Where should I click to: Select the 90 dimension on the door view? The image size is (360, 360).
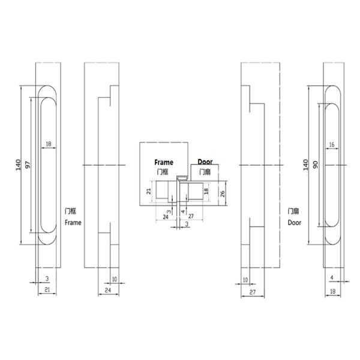314,164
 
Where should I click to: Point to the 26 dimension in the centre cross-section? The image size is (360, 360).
222,193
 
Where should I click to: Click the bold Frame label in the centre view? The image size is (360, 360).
163,163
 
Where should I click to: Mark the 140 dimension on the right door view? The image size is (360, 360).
305,164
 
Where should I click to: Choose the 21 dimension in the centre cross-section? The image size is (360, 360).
149,192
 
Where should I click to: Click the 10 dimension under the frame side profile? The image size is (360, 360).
114,279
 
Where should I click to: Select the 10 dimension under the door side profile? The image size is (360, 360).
245,279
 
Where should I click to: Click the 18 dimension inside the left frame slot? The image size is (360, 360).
49,145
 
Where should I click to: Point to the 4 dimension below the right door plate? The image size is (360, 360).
332,278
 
